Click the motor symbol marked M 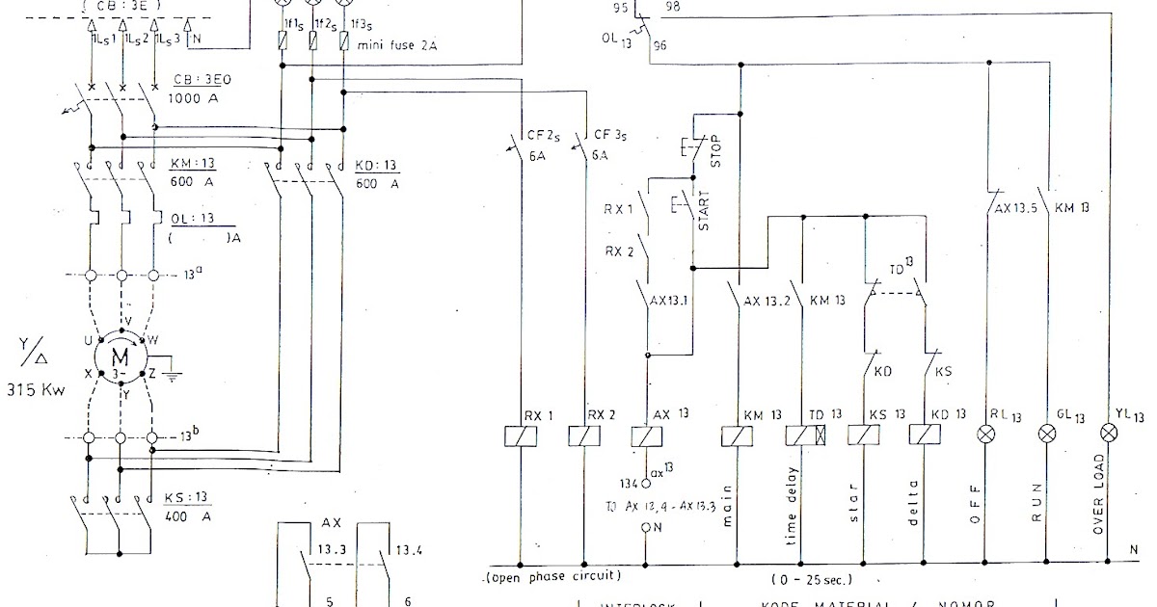(x=121, y=357)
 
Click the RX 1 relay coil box (x=521, y=436)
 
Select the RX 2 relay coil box (x=583, y=436)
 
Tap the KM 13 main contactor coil (x=739, y=436)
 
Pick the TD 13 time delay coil (x=801, y=436)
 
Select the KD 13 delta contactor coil (x=925, y=436)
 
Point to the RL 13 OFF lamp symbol (x=986, y=435)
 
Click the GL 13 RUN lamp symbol (x=1048, y=435)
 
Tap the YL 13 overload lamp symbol (x=1111, y=435)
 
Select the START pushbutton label (x=703, y=209)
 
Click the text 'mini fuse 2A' (x=396, y=44)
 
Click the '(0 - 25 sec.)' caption (x=811, y=580)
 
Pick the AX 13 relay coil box (x=644, y=436)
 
